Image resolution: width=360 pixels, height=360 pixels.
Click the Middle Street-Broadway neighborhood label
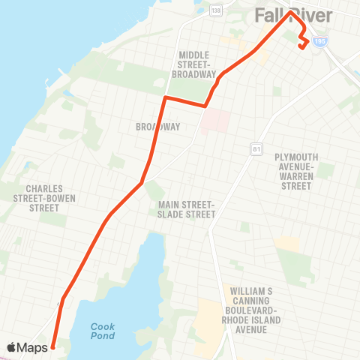194,64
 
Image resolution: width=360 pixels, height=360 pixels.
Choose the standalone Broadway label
157,127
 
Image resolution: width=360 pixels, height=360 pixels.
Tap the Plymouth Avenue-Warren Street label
296,171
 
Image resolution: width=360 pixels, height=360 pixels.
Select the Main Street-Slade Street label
187,209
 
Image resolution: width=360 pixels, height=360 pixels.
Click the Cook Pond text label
103,331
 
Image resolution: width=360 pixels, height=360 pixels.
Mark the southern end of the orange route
52,347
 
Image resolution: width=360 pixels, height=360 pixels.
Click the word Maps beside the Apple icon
34,347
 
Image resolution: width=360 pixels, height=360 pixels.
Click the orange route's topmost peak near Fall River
291,11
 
